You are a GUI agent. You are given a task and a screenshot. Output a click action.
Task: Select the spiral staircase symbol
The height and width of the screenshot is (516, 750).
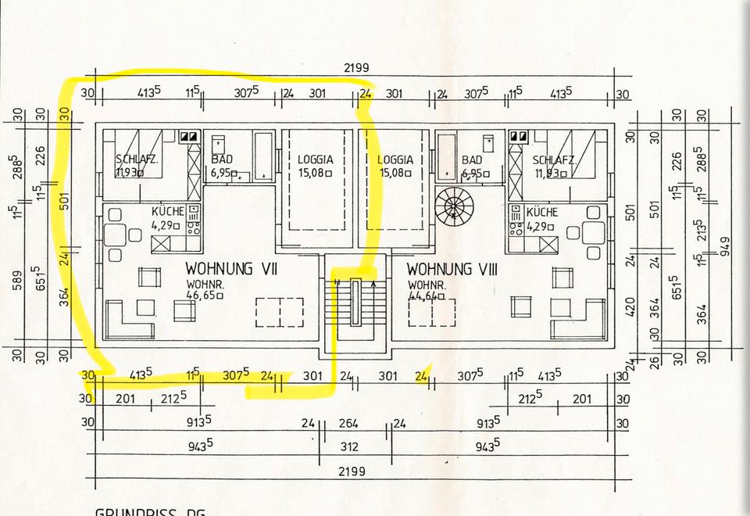point(453,207)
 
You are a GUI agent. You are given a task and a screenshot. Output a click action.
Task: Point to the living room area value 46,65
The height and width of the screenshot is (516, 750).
point(205,296)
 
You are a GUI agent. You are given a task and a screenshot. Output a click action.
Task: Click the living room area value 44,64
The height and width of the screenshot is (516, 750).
point(426,296)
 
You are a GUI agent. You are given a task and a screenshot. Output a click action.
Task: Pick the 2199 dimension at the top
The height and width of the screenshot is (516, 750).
point(356,69)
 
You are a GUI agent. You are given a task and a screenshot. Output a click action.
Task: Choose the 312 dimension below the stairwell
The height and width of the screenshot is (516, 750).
point(349,446)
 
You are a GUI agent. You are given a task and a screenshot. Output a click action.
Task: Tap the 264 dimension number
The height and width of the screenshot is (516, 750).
point(348,425)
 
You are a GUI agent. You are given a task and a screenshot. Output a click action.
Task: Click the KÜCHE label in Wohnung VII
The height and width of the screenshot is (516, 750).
point(168,212)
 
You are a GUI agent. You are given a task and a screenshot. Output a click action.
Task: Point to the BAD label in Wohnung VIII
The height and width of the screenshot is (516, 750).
point(472,159)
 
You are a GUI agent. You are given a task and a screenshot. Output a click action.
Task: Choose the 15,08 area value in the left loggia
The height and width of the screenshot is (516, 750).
point(315,173)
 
